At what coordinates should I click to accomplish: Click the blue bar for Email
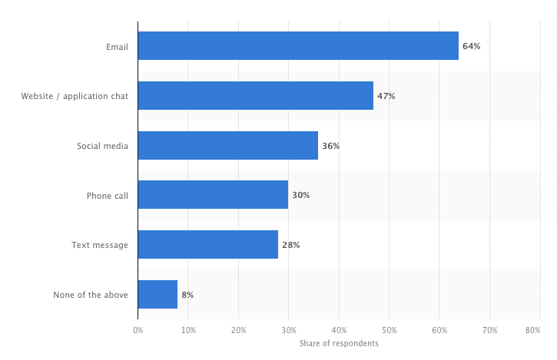298,46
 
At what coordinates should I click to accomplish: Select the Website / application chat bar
256,96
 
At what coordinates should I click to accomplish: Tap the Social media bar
228,145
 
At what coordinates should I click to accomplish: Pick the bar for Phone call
213,195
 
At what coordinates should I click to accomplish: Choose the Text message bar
208,245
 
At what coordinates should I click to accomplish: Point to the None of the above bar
157,294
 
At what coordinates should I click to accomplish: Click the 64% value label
471,46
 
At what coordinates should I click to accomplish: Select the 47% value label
386,96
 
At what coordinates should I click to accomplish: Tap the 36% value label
330,146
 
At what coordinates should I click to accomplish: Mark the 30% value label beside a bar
300,195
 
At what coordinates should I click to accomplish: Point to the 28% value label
290,245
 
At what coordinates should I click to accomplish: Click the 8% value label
188,295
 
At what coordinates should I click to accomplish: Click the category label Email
117,47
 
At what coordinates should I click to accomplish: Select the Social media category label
102,146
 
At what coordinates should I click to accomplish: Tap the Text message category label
100,245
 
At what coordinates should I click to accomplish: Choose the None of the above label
91,295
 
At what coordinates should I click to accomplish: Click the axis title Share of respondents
338,343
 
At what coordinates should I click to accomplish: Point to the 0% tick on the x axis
138,331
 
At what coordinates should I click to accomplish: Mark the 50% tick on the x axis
389,331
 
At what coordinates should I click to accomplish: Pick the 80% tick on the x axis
532,331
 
